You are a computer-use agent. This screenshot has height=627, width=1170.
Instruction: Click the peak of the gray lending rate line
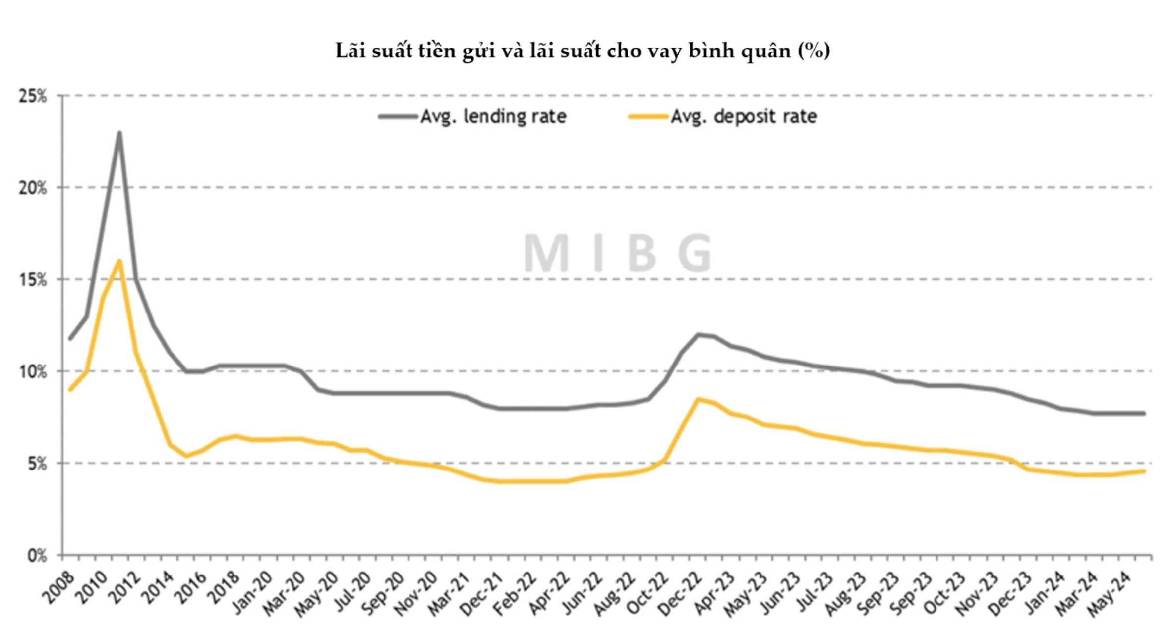click(119, 133)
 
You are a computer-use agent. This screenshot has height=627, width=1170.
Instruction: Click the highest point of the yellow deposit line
click(119, 261)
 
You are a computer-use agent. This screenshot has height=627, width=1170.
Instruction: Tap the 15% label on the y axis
click(33, 280)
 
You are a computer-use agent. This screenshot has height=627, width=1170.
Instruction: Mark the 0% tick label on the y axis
click(37, 556)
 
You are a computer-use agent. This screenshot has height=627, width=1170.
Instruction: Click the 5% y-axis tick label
click(37, 464)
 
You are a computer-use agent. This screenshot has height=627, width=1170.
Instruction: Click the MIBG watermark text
click(618, 254)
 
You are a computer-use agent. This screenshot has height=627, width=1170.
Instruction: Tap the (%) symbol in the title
click(814, 51)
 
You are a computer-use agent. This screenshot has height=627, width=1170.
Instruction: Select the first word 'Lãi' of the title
click(350, 51)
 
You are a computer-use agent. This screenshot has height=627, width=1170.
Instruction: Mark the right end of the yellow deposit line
click(1144, 471)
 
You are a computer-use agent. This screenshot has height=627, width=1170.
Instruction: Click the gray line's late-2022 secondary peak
click(698, 334)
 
